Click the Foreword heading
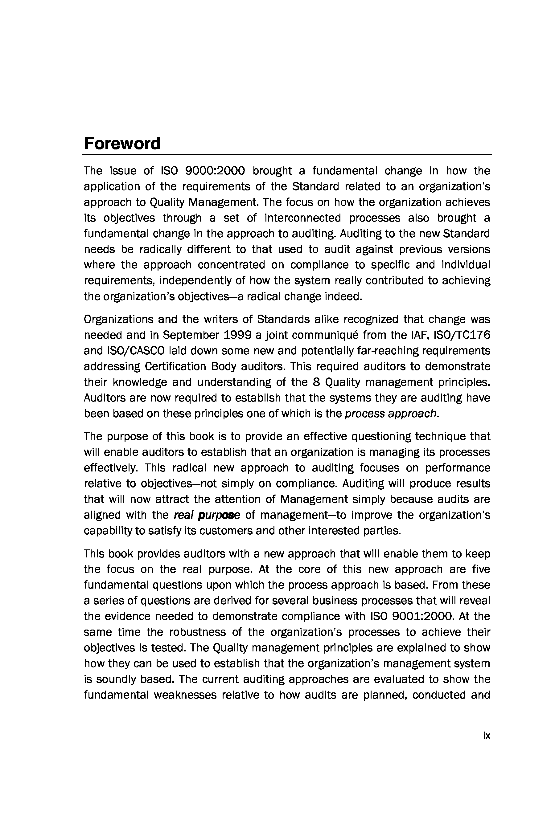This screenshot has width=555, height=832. pos(122,144)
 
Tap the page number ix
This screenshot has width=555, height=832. pos(486,736)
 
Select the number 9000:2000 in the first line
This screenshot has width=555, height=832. pos(215,171)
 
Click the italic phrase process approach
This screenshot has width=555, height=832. pos(391,414)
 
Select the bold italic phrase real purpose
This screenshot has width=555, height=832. pos(207,515)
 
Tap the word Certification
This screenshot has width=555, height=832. pos(175,366)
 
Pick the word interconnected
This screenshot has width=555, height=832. pos(303,218)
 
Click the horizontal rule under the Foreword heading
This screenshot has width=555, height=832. pos(287,154)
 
